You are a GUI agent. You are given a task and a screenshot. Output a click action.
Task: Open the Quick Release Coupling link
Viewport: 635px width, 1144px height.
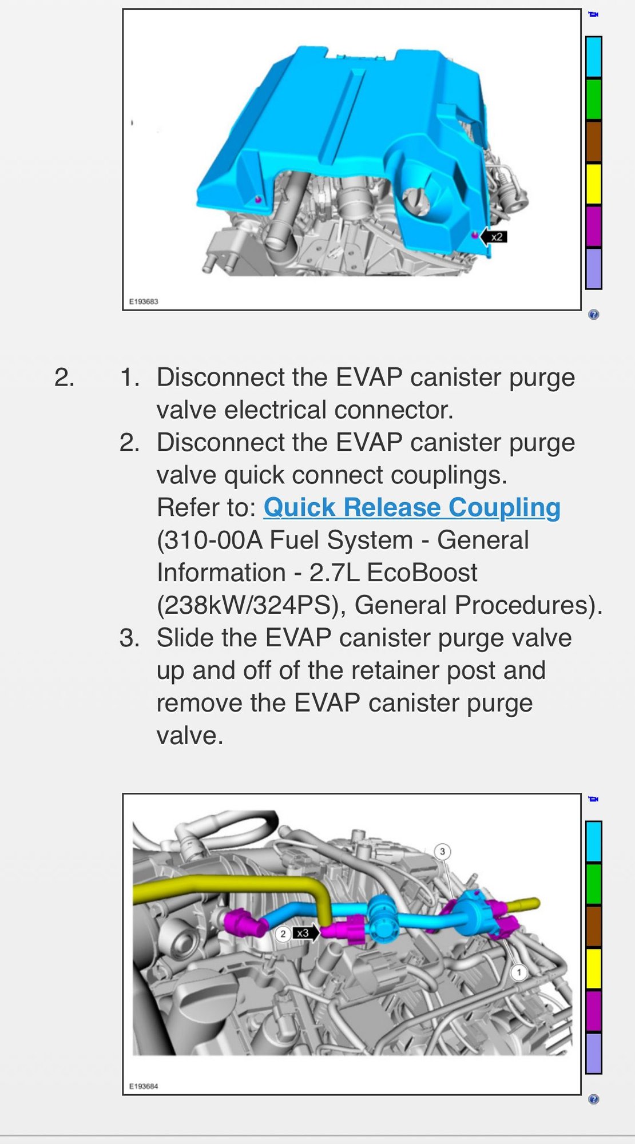tap(412, 508)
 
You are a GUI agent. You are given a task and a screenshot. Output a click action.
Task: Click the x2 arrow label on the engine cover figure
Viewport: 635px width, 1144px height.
tap(493, 236)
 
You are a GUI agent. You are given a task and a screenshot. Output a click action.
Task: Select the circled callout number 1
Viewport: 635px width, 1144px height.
tap(519, 972)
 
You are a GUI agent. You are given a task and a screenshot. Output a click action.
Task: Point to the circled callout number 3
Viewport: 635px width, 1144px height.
tap(442, 852)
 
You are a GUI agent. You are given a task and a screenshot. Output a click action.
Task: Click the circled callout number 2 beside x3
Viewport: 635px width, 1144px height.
tap(283, 934)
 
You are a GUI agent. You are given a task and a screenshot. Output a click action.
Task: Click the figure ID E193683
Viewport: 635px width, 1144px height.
tap(144, 301)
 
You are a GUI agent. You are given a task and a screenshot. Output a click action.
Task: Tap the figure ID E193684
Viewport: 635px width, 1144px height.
tap(144, 1086)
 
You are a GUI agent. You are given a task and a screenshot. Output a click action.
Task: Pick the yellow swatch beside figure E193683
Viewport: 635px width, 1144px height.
tap(594, 184)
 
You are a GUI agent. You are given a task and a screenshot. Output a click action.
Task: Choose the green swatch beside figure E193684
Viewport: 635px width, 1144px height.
tap(594, 884)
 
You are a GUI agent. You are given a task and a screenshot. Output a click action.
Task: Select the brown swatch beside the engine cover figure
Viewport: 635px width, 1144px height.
tap(594, 141)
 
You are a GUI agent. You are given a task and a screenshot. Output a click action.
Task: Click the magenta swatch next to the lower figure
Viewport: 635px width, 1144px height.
tap(594, 1011)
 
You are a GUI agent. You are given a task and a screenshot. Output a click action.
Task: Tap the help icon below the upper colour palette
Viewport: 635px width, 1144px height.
tap(594, 315)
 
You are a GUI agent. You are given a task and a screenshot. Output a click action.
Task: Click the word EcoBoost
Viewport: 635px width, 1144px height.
tap(422, 573)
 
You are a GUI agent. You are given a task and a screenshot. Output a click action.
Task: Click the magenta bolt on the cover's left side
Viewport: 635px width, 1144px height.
tap(258, 199)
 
